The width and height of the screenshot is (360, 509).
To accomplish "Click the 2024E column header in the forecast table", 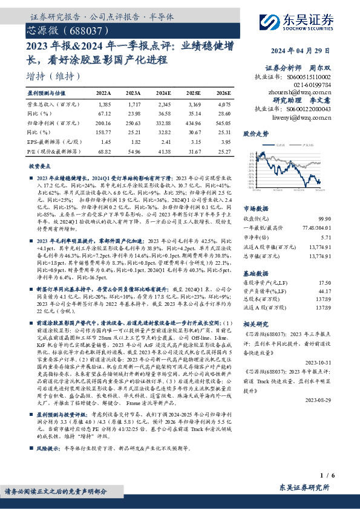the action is coord(163,93).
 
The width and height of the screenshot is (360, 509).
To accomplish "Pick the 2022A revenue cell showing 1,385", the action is coord(104,105).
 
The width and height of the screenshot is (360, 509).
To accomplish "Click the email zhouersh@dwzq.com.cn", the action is coord(300,92).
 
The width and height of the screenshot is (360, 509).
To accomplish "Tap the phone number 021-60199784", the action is coord(315,85).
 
